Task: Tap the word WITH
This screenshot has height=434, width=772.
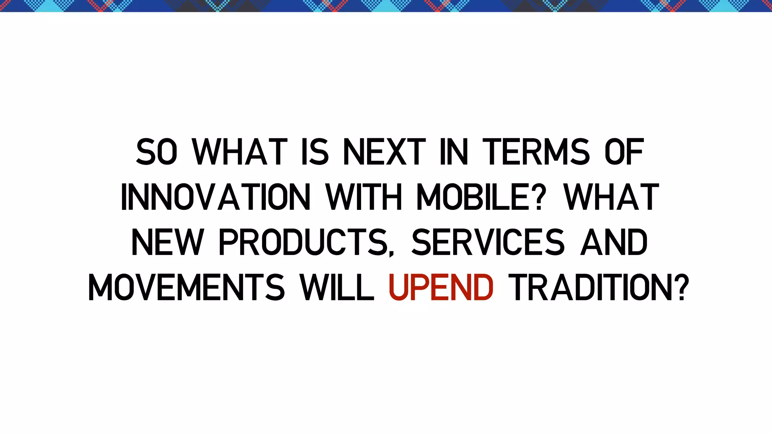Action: click(x=364, y=197)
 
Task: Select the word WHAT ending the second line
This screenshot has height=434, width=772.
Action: click(x=611, y=197)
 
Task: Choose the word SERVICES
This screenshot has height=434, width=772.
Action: click(x=488, y=242)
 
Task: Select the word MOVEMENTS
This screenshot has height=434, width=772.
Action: click(x=186, y=287)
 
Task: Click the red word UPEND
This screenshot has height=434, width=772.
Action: click(x=441, y=287)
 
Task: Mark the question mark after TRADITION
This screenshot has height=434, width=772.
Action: click(x=681, y=287)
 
